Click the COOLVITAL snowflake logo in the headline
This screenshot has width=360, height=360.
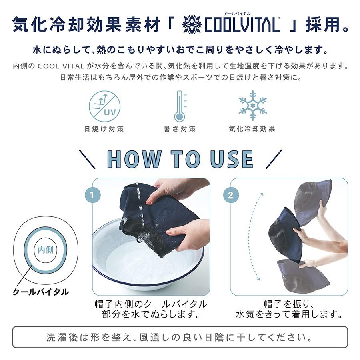[192, 24]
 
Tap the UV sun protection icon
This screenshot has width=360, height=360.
[104, 106]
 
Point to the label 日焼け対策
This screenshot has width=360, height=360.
[104, 129]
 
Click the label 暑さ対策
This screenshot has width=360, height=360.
[180, 129]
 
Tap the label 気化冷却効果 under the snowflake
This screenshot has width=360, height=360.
[252, 129]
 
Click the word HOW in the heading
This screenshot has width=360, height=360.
[134, 159]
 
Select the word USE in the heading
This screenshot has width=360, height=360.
[232, 159]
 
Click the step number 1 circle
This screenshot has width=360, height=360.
[92, 196]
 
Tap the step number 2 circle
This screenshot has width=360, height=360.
[230, 196]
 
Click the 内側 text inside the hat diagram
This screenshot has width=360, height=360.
[46, 250]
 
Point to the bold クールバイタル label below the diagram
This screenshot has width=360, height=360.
[41, 292]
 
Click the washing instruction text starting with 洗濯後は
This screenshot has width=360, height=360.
[180, 337]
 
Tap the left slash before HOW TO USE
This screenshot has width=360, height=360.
[87, 159]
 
